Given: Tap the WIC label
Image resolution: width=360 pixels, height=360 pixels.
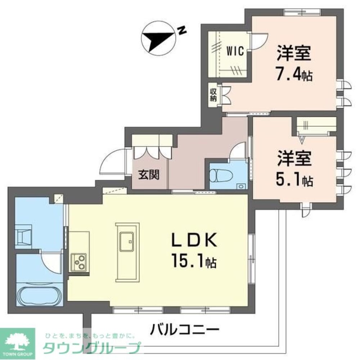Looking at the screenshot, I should point(235,51).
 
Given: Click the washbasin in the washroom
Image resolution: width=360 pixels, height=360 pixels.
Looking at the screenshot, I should point(23,237).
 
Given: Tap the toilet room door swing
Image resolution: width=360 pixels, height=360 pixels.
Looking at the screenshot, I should point(238,151).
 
